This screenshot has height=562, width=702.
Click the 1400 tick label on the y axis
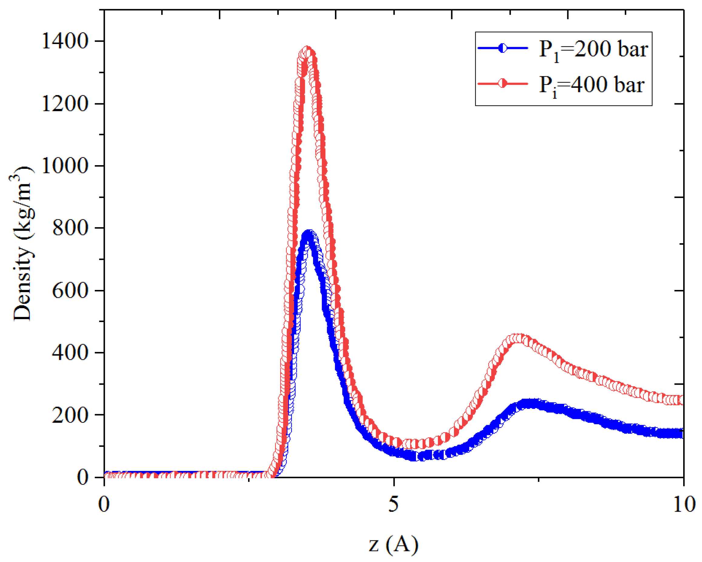(x=65, y=41)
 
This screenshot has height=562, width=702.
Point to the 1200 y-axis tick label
(x=65, y=104)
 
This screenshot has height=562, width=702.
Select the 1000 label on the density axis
(x=65, y=166)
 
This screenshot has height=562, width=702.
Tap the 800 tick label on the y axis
(x=70, y=228)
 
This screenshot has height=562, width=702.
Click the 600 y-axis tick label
(x=70, y=290)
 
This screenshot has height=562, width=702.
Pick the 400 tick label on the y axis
(x=70, y=352)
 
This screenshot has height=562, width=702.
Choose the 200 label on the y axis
(x=70, y=415)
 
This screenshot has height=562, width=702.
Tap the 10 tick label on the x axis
(x=684, y=504)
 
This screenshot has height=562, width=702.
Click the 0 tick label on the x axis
(x=104, y=504)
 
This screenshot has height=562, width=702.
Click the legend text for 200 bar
(x=593, y=49)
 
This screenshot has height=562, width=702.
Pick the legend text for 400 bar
(x=591, y=85)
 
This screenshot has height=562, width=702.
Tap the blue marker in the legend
(x=503, y=48)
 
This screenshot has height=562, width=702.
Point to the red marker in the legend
(x=503, y=84)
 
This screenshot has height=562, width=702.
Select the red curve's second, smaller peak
(x=518, y=338)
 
